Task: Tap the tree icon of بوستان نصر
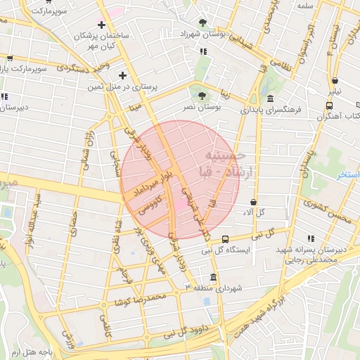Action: pyautogui.click(x=202, y=96)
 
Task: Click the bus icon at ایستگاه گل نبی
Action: pyautogui.click(x=225, y=239)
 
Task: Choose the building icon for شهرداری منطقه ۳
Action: pyautogui.click(x=214, y=276)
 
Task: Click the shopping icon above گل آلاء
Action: pyautogui.click(x=252, y=202)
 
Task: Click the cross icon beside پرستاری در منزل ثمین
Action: pyautogui.click(x=123, y=75)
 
